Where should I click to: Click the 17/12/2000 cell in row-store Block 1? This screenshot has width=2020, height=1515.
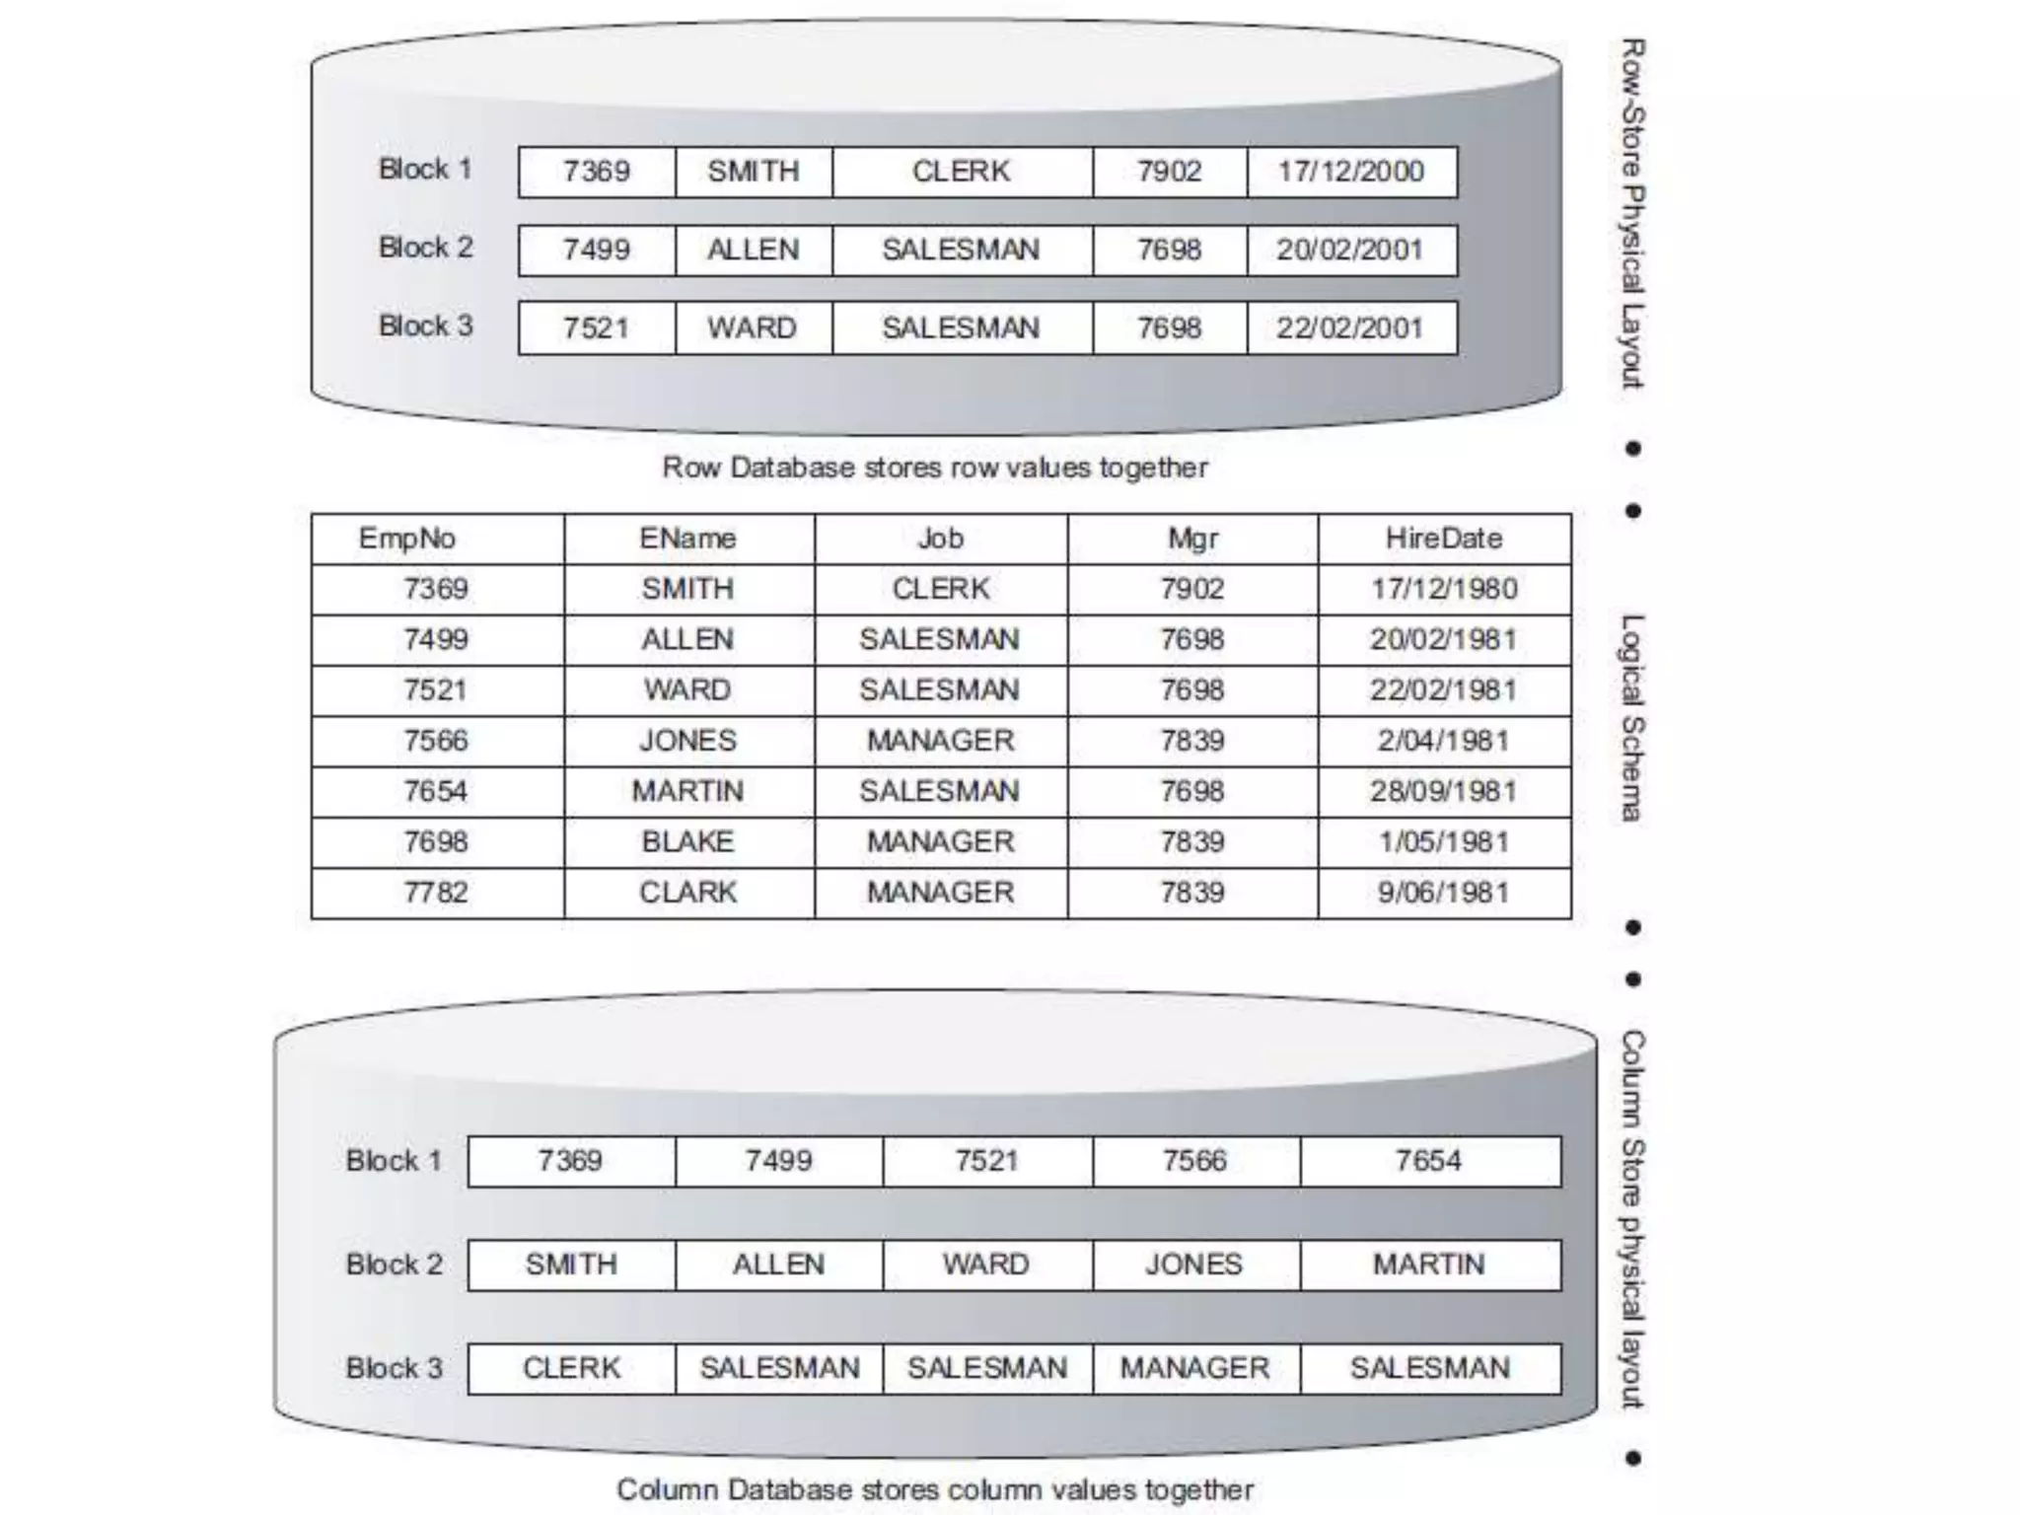pyautogui.click(x=1351, y=172)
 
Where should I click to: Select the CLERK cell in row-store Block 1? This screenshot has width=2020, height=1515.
pyautogui.click(x=962, y=172)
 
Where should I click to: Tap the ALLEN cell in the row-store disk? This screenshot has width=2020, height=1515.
pyautogui.click(x=753, y=250)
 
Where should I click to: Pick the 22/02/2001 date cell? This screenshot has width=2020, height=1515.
pyautogui.click(x=1351, y=328)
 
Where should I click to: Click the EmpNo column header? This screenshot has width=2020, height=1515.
pyautogui.click(x=407, y=539)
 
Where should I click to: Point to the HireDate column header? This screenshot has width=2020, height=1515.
pyautogui.click(x=1444, y=539)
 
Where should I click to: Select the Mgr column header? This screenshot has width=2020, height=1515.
pyautogui.click(x=1192, y=539)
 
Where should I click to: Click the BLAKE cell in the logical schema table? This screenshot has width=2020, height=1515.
pyautogui.click(x=687, y=841)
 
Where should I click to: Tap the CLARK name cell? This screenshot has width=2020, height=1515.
pyautogui.click(x=687, y=893)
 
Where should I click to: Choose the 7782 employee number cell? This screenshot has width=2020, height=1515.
pyautogui.click(x=435, y=893)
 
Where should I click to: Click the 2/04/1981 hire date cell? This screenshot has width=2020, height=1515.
pyautogui.click(x=1444, y=741)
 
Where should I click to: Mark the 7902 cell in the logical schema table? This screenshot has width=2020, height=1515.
pyautogui.click(x=1192, y=589)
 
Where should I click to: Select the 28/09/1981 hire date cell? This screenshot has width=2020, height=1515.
pyautogui.click(x=1444, y=791)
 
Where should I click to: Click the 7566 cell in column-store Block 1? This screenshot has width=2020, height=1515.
pyautogui.click(x=1194, y=1161)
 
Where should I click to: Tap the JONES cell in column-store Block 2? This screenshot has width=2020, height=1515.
pyautogui.click(x=1194, y=1264)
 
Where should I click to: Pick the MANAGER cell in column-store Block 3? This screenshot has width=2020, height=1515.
pyautogui.click(x=1194, y=1368)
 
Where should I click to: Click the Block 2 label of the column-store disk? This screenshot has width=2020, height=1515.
pyautogui.click(x=395, y=1264)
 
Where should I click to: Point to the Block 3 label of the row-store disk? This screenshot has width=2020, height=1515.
pyautogui.click(x=426, y=326)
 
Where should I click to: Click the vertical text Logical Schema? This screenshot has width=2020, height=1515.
pyautogui.click(x=1633, y=718)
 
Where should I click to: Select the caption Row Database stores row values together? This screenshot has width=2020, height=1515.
pyautogui.click(x=935, y=468)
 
